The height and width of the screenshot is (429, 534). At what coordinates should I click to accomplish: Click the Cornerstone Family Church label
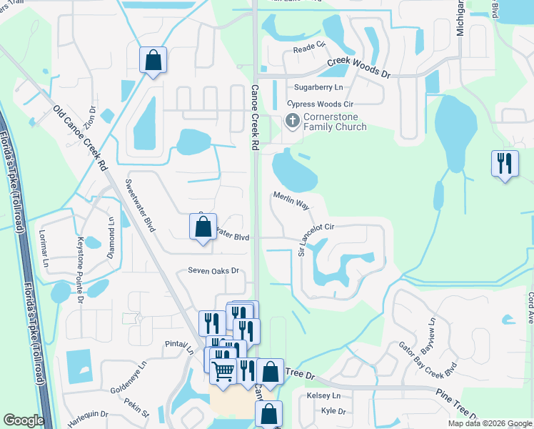click(335, 122)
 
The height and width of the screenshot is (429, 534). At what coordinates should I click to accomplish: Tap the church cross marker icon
click(292, 121)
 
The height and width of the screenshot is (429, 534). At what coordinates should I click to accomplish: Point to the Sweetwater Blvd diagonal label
click(140, 203)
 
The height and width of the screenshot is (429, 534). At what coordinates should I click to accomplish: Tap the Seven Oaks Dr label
click(213, 271)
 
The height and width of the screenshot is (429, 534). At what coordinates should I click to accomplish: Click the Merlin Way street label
click(291, 199)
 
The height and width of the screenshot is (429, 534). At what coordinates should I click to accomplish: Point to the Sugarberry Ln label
click(318, 87)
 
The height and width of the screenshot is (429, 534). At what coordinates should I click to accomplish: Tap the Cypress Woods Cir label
click(320, 104)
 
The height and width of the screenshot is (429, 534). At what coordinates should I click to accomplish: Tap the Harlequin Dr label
click(88, 414)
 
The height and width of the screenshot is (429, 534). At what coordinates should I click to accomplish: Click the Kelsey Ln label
click(323, 395)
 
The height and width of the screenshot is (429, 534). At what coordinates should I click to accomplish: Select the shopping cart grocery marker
click(223, 370)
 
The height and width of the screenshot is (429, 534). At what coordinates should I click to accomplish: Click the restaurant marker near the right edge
click(505, 164)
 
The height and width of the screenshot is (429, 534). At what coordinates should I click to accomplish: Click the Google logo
click(24, 420)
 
